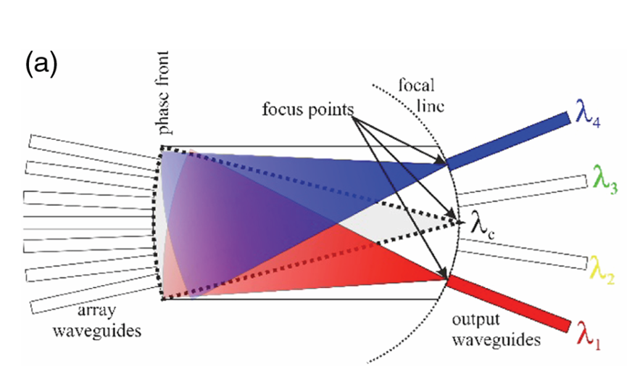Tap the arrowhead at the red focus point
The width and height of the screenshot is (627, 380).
click(444, 273)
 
